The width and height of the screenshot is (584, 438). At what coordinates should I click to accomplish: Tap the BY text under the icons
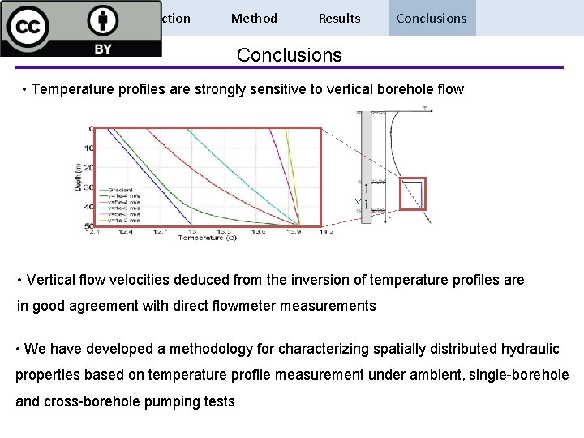[103, 49]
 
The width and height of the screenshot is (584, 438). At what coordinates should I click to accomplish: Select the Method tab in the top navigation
[254, 18]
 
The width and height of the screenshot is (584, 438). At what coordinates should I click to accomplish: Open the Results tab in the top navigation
[339, 18]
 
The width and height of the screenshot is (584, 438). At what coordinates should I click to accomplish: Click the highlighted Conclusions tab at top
[432, 18]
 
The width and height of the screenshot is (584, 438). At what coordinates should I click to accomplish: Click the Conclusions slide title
[290, 55]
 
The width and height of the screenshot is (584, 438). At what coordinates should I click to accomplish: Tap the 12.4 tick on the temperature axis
[126, 231]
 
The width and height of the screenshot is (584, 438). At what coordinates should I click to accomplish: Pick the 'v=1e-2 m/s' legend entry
[121, 220]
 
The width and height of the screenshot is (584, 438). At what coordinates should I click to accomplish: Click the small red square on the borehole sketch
[412, 193]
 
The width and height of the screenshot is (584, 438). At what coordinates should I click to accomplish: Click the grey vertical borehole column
[367, 162]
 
